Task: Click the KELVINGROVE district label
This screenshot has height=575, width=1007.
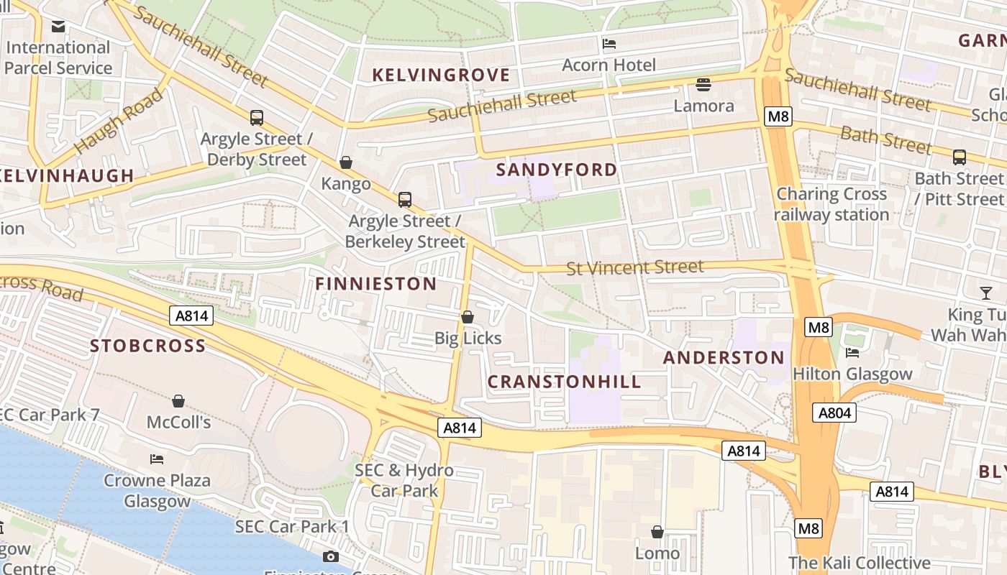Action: pyautogui.click(x=441, y=75)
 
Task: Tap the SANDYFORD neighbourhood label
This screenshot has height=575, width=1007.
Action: pyautogui.click(x=557, y=170)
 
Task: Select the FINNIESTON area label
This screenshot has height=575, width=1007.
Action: pyautogui.click(x=375, y=284)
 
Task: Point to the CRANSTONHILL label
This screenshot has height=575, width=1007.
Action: pyautogui.click(x=564, y=382)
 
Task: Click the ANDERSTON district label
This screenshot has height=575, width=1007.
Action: pyautogui.click(x=724, y=357)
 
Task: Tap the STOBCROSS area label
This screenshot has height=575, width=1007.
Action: pyautogui.click(x=147, y=346)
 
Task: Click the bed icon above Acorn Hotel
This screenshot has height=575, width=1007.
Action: pyautogui.click(x=609, y=44)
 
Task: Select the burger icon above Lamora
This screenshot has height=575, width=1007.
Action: pyautogui.click(x=703, y=85)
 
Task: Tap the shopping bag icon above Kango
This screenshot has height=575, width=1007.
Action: pyautogui.click(x=346, y=162)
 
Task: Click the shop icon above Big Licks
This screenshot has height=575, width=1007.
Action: pyautogui.click(x=468, y=317)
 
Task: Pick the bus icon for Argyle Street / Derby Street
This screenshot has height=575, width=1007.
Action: pyautogui.click(x=256, y=118)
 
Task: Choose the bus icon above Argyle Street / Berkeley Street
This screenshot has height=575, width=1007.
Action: pyautogui.click(x=405, y=200)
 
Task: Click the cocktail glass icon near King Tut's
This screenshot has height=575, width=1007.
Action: pyautogui.click(x=985, y=293)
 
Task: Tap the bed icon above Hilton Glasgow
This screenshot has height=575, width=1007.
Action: pyautogui.click(x=852, y=353)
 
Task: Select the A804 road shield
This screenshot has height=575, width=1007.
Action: pyautogui.click(x=834, y=413)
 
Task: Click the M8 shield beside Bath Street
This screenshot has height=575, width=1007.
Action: pyautogui.click(x=778, y=116)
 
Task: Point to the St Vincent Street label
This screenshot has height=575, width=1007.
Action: pyautogui.click(x=634, y=267)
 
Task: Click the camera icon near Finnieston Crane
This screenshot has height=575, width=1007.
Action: pyautogui.click(x=331, y=556)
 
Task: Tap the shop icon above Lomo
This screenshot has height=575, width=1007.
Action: pyautogui.click(x=657, y=532)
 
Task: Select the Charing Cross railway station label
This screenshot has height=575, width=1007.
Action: pyautogui.click(x=831, y=204)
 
